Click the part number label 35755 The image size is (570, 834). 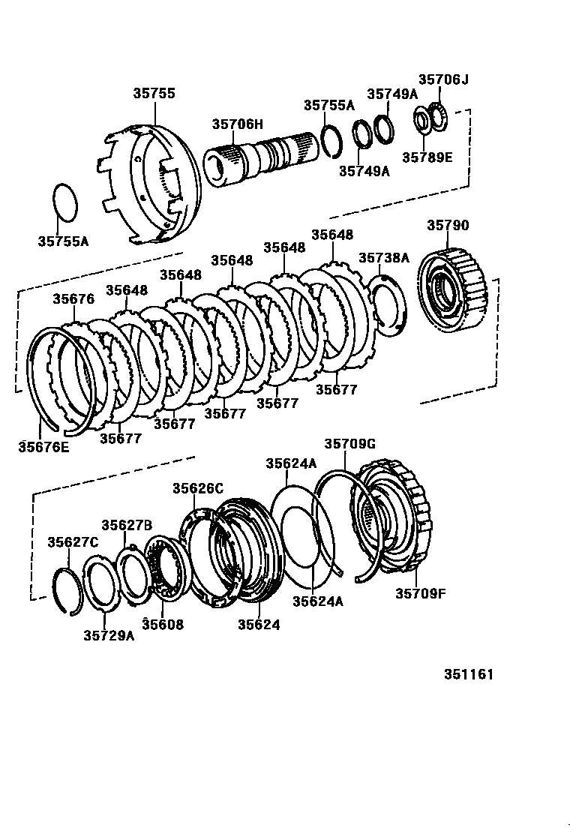(x=154, y=94)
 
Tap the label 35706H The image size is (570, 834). (x=237, y=124)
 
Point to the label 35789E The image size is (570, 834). (x=427, y=157)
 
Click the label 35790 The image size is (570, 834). (x=448, y=226)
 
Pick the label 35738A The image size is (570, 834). (x=383, y=257)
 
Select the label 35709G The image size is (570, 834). (x=349, y=444)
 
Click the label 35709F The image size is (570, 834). (x=421, y=594)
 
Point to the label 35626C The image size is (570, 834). (x=198, y=488)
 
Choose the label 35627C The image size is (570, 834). (x=73, y=541)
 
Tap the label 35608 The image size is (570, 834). (x=163, y=624)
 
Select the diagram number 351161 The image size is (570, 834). (x=468, y=674)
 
